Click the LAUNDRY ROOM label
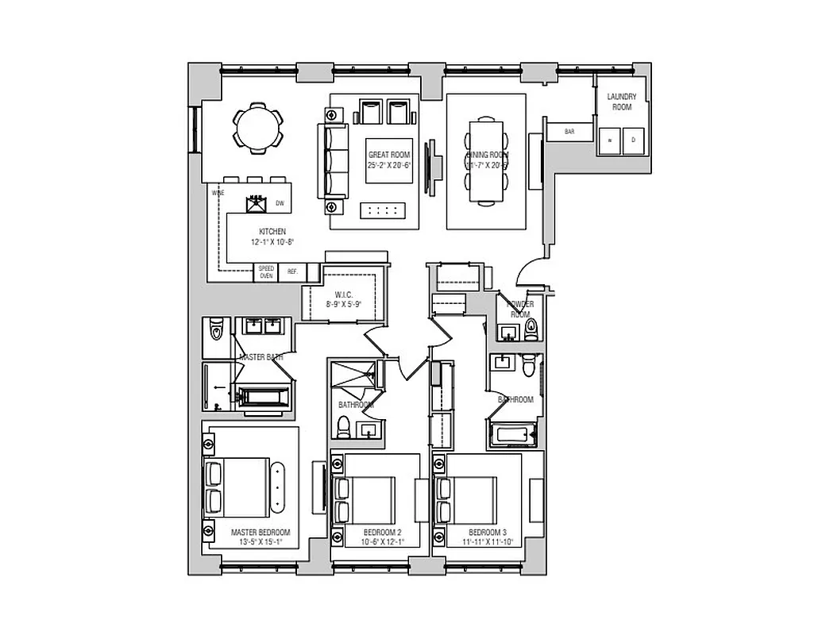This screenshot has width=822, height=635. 622,102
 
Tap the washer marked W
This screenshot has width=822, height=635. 610,140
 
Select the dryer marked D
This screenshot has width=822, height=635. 633,140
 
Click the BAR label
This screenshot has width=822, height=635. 569,131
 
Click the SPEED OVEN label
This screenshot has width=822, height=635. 266,272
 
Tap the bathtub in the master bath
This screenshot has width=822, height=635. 266,397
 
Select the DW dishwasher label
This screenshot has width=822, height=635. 280,204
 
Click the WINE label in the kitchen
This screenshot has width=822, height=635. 217,193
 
